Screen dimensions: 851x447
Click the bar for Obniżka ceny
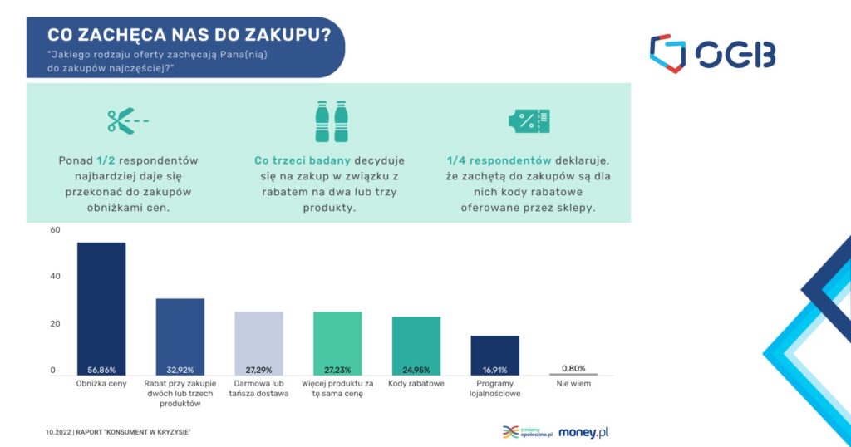click(101, 309)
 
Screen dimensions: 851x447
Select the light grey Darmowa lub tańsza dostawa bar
click(259, 343)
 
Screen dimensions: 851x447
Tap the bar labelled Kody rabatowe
click(416, 346)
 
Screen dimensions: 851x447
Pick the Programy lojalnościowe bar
click(495, 356)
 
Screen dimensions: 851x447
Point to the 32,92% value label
click(180, 370)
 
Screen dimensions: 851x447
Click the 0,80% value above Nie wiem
click(573, 368)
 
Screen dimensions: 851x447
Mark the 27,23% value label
click(337, 370)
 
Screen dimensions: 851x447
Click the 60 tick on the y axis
click(56, 229)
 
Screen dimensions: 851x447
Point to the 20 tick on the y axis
click(56, 324)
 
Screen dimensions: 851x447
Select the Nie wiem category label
click(573, 384)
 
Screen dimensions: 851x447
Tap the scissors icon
click(128, 120)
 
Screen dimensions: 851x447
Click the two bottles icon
click(332, 121)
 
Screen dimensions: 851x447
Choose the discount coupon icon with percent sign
click(529, 120)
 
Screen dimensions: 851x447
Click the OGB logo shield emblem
click(667, 53)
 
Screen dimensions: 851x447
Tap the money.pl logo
click(583, 432)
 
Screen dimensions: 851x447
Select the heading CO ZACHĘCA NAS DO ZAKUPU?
click(189, 35)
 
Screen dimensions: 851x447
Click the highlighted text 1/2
click(106, 160)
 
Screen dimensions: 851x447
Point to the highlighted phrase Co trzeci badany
click(303, 160)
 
